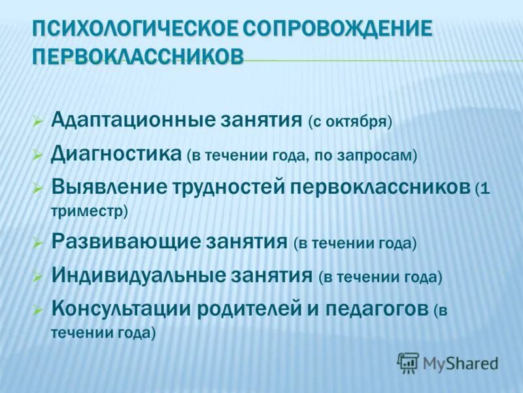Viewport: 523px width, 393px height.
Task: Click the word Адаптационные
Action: (128, 121)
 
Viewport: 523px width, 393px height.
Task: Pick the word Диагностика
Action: (116, 155)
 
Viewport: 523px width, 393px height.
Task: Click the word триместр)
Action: (89, 211)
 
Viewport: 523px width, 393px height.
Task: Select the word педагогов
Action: (375, 309)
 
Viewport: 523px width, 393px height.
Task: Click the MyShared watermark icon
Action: (408, 362)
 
